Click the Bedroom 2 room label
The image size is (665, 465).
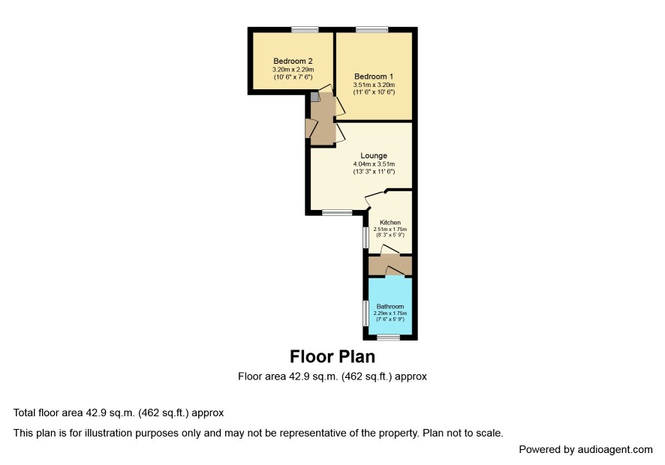pos(293,61)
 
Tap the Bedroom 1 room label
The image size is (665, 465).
pos(374,76)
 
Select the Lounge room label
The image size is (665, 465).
pos(374,155)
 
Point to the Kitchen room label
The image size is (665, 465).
pos(390,222)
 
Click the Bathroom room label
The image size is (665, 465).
pos(390,306)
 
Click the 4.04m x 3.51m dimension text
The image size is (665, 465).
pos(374,164)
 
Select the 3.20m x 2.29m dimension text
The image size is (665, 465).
pos(293,70)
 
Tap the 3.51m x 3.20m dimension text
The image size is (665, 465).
pos(374,85)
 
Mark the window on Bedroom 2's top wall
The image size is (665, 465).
pos(305,29)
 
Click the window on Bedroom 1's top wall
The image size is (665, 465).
pos(372,29)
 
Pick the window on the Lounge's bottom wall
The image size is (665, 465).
pos(337,213)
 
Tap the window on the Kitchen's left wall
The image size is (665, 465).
pos(366,237)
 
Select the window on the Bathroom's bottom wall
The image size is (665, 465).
pos(389,337)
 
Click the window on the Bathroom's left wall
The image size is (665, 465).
pos(366,313)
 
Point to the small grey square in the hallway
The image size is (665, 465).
pos(314,97)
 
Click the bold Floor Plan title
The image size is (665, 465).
pos(332,356)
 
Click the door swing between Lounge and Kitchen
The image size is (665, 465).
pos(374,198)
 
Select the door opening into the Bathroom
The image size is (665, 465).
pos(393,271)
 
